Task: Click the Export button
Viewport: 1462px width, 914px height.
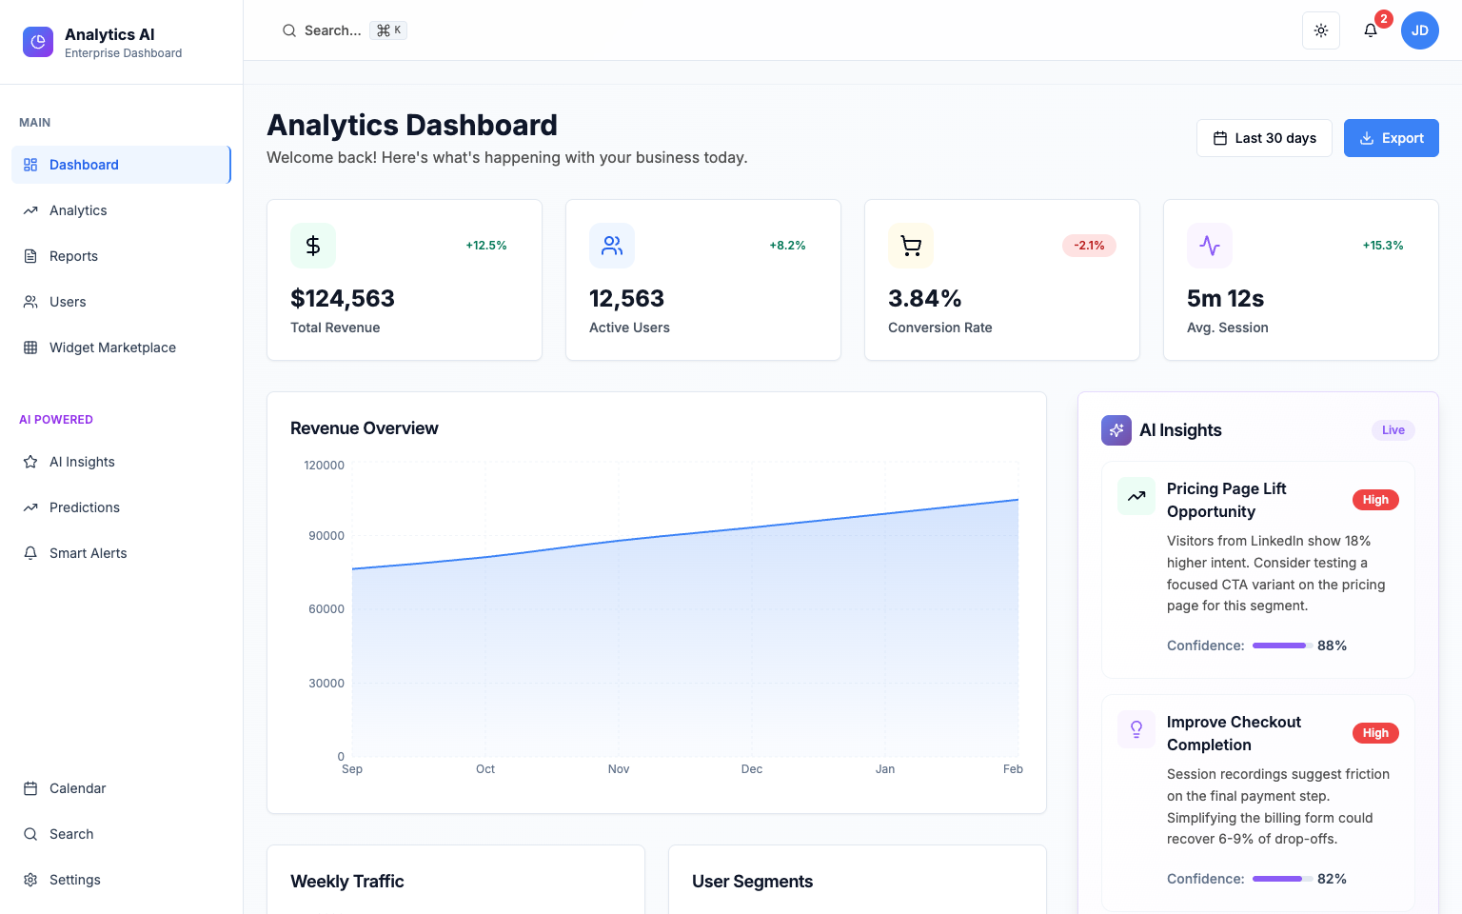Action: (1391, 138)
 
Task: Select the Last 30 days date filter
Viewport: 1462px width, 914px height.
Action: (1264, 138)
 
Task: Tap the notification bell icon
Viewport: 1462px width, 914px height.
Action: (1371, 30)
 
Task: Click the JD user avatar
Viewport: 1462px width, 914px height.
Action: (1419, 30)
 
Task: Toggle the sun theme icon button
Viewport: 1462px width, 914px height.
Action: (1321, 30)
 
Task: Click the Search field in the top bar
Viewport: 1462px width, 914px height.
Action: (333, 30)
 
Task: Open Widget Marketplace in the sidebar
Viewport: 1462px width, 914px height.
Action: (112, 348)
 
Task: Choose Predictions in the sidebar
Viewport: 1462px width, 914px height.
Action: (85, 507)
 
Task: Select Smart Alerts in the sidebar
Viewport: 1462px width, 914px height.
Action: (88, 553)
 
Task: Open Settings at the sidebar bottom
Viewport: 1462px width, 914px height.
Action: (74, 880)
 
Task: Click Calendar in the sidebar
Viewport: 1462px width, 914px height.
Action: (77, 788)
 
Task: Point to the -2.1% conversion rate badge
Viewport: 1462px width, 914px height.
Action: (1089, 246)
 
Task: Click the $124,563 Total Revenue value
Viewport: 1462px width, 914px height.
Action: (343, 299)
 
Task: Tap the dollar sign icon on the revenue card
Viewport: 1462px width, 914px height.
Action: (313, 246)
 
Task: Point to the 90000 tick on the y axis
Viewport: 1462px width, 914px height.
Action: (326, 536)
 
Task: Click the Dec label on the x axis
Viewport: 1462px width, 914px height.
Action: (752, 769)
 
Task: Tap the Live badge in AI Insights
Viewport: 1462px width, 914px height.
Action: (1393, 430)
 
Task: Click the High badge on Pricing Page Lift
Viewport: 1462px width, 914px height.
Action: (1375, 500)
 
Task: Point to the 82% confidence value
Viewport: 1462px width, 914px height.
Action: (1332, 879)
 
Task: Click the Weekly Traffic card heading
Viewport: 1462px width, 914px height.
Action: (347, 882)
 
